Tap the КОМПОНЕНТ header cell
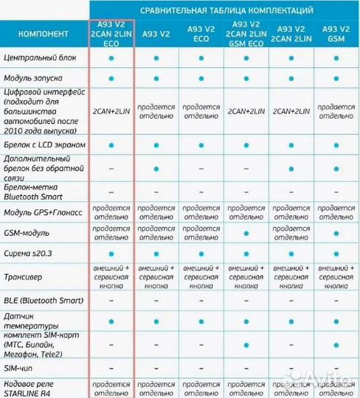[44, 33]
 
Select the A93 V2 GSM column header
[336, 33]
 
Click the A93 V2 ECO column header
[201, 33]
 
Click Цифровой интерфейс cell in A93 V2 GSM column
[336, 111]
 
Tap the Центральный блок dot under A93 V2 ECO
[201, 57]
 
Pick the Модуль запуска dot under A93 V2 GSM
[336, 78]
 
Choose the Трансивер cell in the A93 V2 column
[156, 277]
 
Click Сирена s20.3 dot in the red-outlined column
[111, 255]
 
